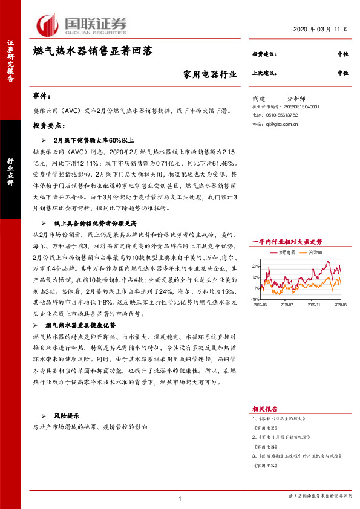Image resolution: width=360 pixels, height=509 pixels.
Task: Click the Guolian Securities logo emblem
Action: [x=48, y=24]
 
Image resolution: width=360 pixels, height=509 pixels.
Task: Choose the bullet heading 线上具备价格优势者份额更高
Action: [x=93, y=224]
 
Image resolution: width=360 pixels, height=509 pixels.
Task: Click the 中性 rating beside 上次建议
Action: [x=343, y=73]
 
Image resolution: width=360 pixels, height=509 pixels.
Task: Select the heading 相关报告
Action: [x=264, y=409]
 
